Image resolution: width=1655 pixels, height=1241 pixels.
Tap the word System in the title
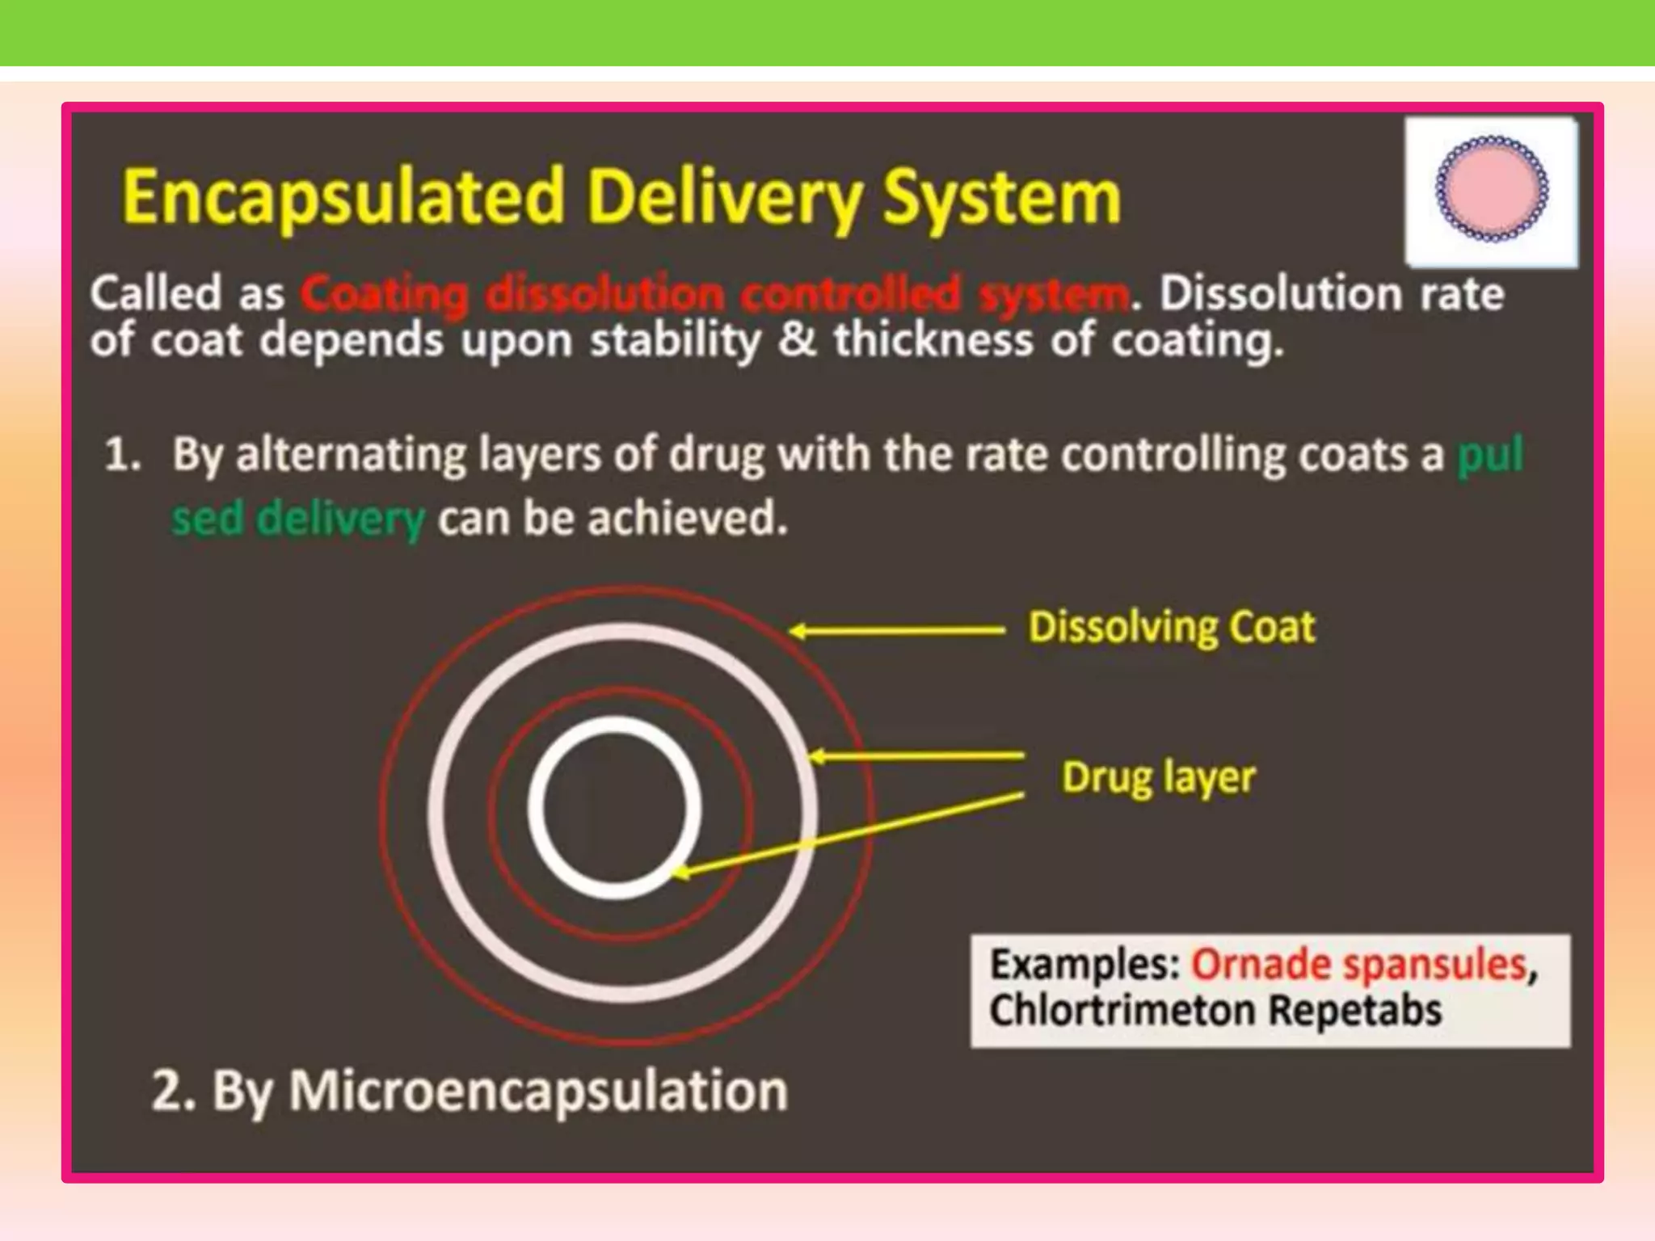[1001, 197]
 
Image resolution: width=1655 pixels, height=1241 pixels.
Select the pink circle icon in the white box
[1491, 190]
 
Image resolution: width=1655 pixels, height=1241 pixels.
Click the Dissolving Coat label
[1171, 627]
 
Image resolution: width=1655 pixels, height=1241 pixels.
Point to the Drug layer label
[1158, 777]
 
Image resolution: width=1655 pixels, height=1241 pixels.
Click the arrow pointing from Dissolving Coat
[896, 631]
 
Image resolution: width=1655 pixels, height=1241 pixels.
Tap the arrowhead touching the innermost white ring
[680, 873]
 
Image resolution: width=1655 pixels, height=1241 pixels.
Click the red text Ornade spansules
[1358, 965]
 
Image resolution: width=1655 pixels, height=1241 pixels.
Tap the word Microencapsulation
[538, 1091]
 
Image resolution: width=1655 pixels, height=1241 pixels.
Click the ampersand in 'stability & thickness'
[797, 339]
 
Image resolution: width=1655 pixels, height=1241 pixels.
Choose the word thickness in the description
[933, 339]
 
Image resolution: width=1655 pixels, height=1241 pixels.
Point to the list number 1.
[121, 455]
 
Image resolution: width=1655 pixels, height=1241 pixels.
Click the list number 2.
[171, 1091]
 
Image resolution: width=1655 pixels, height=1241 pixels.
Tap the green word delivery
[340, 519]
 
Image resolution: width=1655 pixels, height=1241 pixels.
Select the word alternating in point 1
[351, 455]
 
